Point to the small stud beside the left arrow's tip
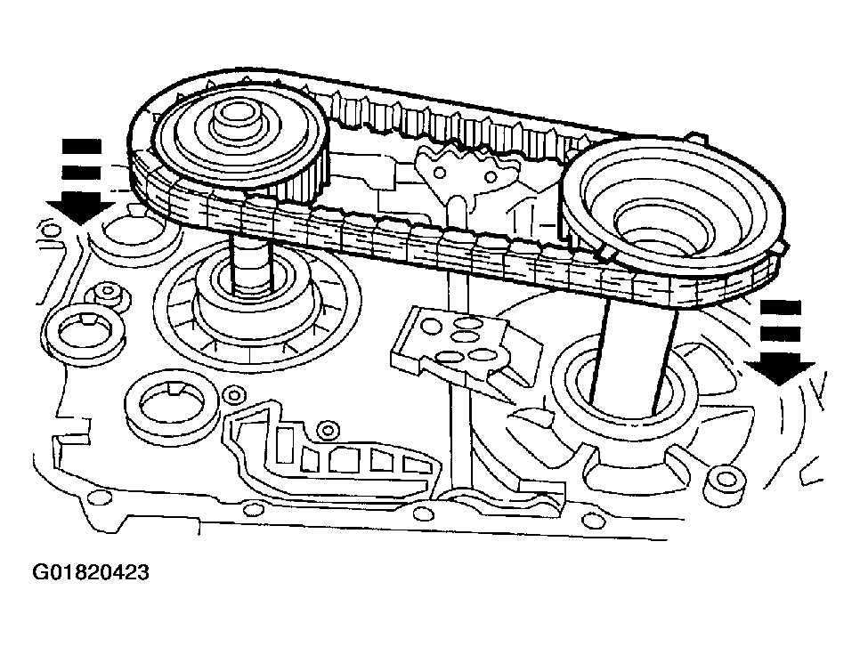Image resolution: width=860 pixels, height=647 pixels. pos(110,294)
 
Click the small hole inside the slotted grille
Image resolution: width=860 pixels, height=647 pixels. pos(329,431)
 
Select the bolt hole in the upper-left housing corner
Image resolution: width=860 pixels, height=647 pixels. pos(52,231)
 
